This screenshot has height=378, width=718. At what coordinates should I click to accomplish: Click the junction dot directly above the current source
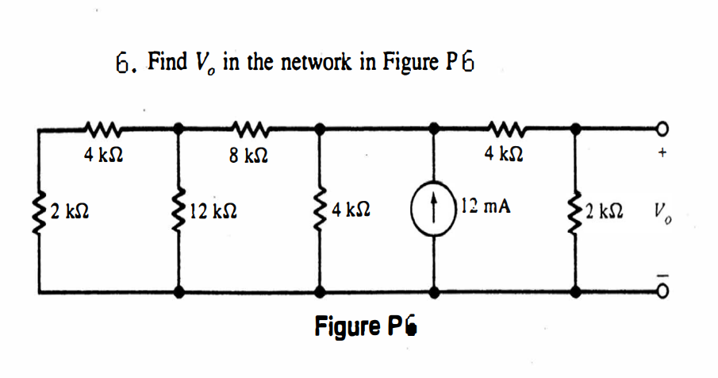(434, 128)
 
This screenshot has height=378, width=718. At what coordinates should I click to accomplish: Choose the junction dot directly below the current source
(434, 292)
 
